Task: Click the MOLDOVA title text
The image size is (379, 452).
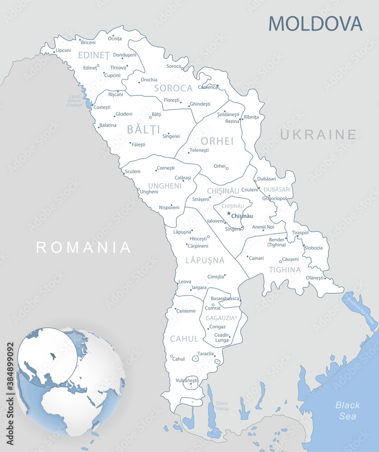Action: point(315,23)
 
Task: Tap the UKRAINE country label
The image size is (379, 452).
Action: point(318,135)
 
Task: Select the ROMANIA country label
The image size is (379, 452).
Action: point(84,247)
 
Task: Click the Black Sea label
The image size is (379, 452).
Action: point(348,410)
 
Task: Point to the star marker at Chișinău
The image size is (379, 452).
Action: point(229,213)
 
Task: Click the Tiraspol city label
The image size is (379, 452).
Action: point(300,233)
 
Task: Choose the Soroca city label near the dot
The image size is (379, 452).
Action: point(174,66)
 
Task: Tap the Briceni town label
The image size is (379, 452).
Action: point(88,42)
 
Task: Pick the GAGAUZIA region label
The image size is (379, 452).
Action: point(220,318)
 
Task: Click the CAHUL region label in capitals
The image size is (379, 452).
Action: point(184,339)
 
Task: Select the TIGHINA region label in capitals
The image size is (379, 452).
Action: point(284,270)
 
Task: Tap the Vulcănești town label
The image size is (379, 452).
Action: point(187,381)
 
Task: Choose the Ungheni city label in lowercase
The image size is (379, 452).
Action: point(149,192)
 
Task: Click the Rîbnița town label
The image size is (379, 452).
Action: point(251,117)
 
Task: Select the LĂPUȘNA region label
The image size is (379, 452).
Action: point(205,260)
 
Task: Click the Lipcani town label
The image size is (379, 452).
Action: point(63,50)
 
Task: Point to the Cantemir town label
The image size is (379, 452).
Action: point(186,311)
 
